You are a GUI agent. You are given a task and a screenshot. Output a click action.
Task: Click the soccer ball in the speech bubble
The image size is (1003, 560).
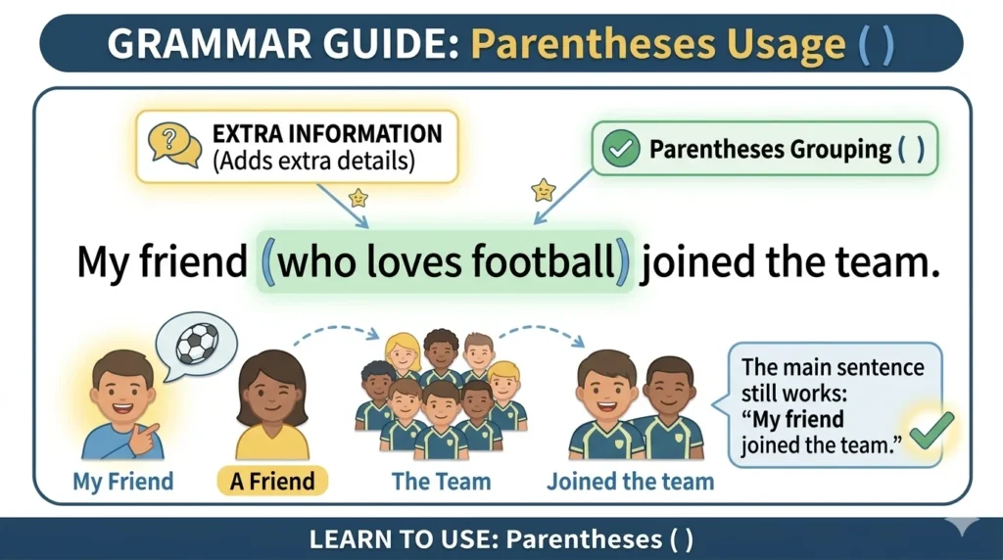click(199, 344)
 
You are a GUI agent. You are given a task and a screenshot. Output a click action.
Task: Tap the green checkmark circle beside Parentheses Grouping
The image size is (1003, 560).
click(619, 150)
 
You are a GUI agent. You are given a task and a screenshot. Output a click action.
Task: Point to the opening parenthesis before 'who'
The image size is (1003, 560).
click(269, 264)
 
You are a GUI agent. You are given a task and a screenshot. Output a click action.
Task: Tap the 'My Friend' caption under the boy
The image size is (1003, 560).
click(122, 482)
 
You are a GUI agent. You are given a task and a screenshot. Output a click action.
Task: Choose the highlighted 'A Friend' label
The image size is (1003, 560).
click(271, 482)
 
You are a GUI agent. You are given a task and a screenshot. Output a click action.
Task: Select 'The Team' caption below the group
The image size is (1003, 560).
click(441, 482)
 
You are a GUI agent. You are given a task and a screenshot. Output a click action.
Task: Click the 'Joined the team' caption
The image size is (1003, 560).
click(630, 482)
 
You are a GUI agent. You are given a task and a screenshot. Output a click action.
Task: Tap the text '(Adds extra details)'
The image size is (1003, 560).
click(312, 161)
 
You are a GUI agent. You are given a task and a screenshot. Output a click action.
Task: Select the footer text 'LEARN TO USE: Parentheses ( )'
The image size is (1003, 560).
click(501, 539)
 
